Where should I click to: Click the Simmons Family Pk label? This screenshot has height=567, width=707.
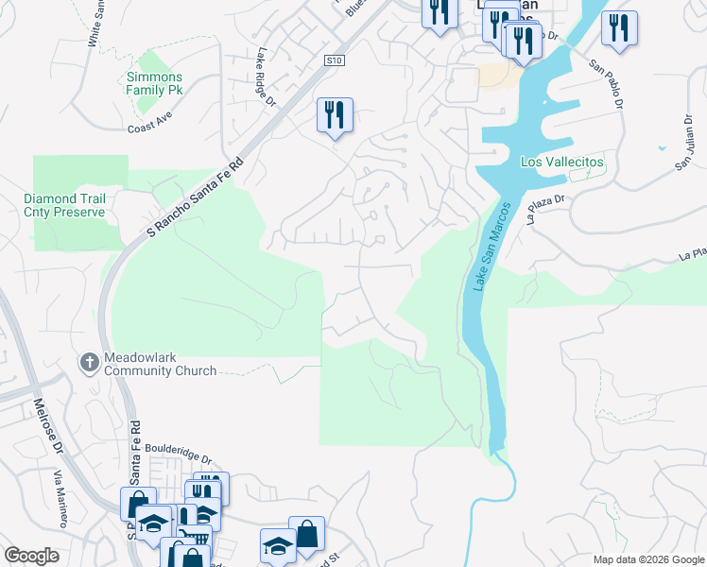[x=155, y=83]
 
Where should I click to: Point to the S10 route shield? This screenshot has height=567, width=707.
[x=332, y=60]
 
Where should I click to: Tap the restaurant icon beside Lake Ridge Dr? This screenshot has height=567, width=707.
[x=335, y=114]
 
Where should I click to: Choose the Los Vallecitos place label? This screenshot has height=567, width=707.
[x=561, y=162]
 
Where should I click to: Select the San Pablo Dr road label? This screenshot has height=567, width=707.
[x=607, y=84]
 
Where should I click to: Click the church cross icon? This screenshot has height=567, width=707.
[x=89, y=362]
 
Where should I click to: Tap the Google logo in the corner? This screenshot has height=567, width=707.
[x=31, y=556]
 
